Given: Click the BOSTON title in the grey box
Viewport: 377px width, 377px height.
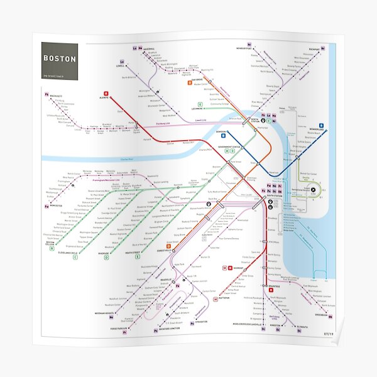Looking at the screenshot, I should [x=60, y=59].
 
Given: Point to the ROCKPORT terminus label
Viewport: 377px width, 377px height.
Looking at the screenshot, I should [x=311, y=48].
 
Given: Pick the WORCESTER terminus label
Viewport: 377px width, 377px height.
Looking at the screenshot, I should [x=55, y=206].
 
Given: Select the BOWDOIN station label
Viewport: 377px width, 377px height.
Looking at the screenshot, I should [x=221, y=132].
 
